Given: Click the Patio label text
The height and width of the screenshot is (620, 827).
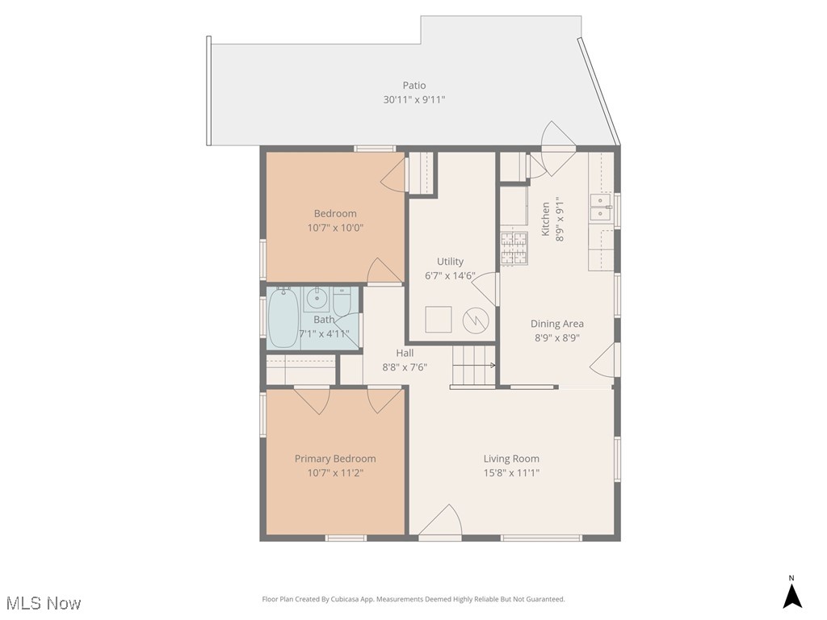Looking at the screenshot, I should (x=414, y=86).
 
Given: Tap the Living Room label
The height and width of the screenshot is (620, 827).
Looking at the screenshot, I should (x=511, y=459).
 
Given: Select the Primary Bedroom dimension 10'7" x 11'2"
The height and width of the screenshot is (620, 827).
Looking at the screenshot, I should (x=335, y=473).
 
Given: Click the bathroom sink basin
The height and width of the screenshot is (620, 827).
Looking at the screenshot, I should (x=318, y=299).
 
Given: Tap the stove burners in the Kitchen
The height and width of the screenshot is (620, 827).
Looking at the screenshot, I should (x=514, y=249).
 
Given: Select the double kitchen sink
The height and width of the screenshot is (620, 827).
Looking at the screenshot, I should (x=600, y=208).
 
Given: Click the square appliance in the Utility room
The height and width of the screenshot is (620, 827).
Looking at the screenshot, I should (x=439, y=320).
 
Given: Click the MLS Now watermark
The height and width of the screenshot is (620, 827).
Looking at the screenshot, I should (x=44, y=603).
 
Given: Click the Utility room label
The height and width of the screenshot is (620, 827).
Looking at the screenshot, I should (x=450, y=262).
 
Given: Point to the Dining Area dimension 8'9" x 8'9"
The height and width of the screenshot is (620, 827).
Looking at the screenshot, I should (x=556, y=338).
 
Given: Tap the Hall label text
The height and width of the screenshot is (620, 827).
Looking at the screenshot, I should (x=405, y=353).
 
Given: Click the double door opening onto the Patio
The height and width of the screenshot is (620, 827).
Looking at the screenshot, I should (x=557, y=149).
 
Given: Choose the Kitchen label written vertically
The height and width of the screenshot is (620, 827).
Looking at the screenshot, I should (x=546, y=220).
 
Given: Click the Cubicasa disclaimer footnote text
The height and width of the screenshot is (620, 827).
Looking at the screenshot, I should (x=413, y=599).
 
